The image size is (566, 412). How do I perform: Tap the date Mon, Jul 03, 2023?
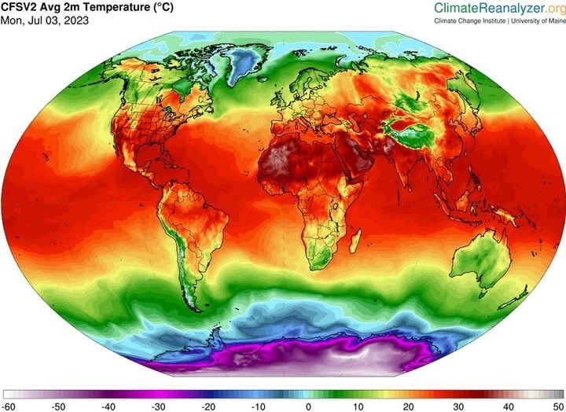45,20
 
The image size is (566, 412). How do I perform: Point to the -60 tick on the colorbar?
10,406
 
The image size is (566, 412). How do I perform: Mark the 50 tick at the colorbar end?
556,406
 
